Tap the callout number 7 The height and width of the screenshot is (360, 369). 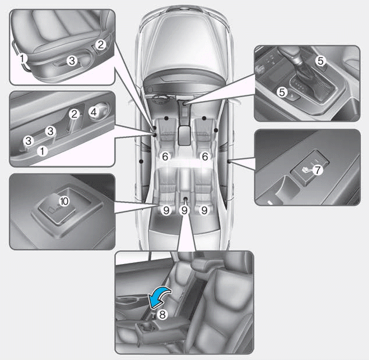(x=317, y=170)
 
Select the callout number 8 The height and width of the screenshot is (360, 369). (x=162, y=315)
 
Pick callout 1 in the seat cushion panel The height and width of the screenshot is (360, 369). (x=23, y=58)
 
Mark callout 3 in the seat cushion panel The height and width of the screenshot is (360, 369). (x=72, y=60)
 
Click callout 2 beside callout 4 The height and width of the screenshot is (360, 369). (x=74, y=114)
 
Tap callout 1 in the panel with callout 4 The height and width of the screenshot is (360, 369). (x=41, y=150)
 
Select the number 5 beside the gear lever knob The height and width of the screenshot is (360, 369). (x=319, y=60)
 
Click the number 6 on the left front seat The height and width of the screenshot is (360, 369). (x=165, y=156)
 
